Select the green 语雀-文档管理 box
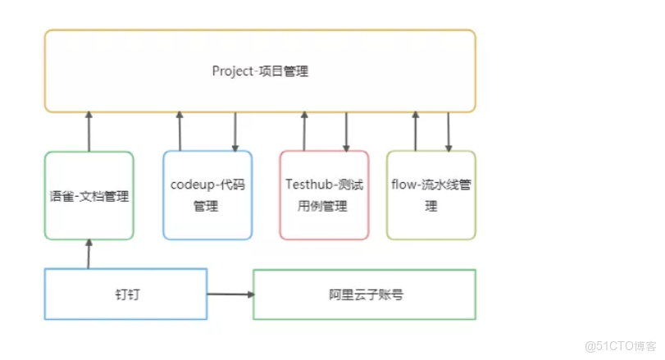[89, 196]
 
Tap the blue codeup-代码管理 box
[207, 196]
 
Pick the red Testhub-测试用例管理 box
[324, 196]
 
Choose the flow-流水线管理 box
[431, 196]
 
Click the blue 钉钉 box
[125, 294]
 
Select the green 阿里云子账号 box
[364, 294]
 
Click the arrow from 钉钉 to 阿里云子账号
[230, 294]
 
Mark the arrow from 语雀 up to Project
[89, 132]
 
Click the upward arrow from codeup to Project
[180, 132]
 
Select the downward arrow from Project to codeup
[235, 132]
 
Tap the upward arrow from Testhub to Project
[304, 132]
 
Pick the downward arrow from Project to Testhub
[346, 132]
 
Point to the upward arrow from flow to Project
[416, 132]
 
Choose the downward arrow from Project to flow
[449, 132]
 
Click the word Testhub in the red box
[308, 185]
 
